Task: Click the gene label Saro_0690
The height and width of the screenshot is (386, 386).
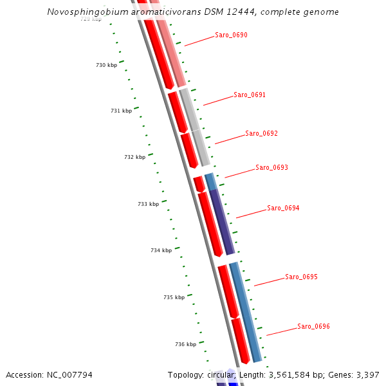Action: [x=231, y=35]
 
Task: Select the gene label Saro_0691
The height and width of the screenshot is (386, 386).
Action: [x=250, y=95]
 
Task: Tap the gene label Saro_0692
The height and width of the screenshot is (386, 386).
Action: [x=261, y=134]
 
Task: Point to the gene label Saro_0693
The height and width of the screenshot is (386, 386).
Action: [x=271, y=167]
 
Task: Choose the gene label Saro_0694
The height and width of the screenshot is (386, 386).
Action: [x=283, y=208]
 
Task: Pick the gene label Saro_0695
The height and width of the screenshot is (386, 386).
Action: [x=302, y=277]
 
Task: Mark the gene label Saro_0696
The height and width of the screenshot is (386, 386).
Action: [x=313, y=326]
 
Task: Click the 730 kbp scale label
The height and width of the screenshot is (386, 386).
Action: [x=106, y=66]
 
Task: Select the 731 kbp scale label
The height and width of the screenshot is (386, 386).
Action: [x=121, y=111]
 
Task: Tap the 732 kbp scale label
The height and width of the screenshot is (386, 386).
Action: [x=134, y=157]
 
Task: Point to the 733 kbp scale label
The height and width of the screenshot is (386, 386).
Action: [x=148, y=204]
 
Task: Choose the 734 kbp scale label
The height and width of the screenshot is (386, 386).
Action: [x=161, y=250]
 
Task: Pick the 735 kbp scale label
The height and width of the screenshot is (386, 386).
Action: [x=174, y=297]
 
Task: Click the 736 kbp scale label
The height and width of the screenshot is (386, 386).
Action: [x=185, y=344]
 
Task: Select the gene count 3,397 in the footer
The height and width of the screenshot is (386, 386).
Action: [x=366, y=374]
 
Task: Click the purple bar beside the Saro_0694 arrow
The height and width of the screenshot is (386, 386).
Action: [x=221, y=222]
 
